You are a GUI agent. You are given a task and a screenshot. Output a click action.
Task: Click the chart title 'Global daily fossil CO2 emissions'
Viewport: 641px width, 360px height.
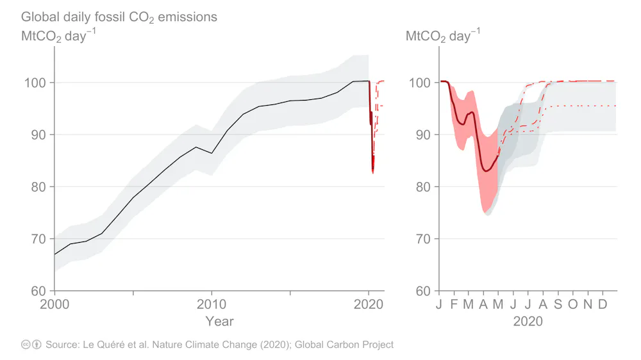pyautogui.click(x=119, y=17)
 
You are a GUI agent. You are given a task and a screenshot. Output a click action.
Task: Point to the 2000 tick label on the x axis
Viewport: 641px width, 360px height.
pyautogui.click(x=54, y=304)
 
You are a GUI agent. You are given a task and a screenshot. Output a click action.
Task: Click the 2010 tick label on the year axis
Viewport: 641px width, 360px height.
pyautogui.click(x=212, y=304)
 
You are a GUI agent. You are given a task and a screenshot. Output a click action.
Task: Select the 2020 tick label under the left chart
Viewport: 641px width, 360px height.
pyautogui.click(x=369, y=304)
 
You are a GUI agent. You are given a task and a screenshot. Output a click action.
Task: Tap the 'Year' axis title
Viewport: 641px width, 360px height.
pyautogui.click(x=219, y=321)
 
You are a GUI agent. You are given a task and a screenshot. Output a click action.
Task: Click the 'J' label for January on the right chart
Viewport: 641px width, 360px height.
pyautogui.click(x=440, y=304)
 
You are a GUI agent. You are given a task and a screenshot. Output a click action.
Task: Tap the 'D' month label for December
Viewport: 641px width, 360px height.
pyautogui.click(x=603, y=304)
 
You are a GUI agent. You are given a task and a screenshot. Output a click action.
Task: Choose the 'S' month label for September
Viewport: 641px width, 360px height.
pyautogui.click(x=558, y=304)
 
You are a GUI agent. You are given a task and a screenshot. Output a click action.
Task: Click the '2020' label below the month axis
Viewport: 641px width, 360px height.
pyautogui.click(x=528, y=321)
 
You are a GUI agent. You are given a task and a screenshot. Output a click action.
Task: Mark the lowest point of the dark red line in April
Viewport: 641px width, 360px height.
pyautogui.click(x=487, y=171)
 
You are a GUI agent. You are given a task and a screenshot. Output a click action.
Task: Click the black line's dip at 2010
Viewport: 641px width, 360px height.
pyautogui.click(x=212, y=153)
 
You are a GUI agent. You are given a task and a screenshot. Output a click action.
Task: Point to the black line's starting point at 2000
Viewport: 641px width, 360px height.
pyautogui.click(x=54, y=254)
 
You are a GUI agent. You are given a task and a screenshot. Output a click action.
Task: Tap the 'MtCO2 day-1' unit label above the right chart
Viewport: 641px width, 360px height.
pyautogui.click(x=443, y=36)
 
